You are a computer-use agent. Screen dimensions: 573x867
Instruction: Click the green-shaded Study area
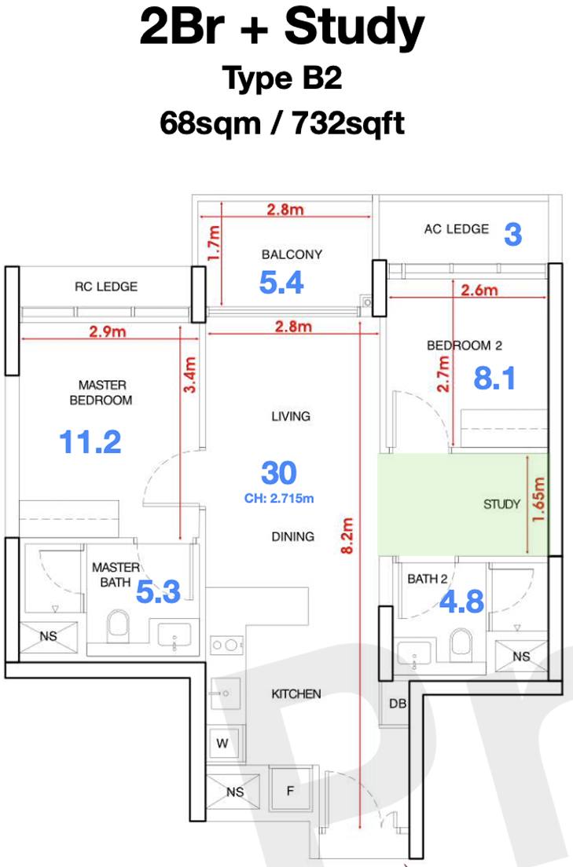pyautogui.click(x=463, y=504)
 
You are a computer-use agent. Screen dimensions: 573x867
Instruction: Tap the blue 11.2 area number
pyautogui.click(x=90, y=442)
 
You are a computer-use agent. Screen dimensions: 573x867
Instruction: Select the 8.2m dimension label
pyautogui.click(x=347, y=536)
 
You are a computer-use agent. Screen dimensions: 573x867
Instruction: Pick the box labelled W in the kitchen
pyautogui.click(x=222, y=743)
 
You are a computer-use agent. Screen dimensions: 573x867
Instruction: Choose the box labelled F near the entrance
pyautogui.click(x=290, y=792)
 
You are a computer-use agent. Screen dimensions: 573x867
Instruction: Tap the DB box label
pyautogui.click(x=398, y=704)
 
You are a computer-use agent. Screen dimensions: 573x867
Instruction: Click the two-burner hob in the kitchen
pyautogui.click(x=226, y=646)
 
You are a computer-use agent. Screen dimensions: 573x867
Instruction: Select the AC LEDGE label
pyautogui.click(x=456, y=229)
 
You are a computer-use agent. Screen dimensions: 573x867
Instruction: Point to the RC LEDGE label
pyautogui.click(x=106, y=287)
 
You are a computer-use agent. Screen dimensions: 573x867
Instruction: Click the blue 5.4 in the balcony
pyautogui.click(x=281, y=283)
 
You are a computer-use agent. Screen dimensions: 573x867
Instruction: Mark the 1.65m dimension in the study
pyautogui.click(x=538, y=499)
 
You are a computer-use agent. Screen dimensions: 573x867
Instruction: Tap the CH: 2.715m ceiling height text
pyautogui.click(x=279, y=498)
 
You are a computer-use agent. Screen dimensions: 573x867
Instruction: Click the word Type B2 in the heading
pyautogui.click(x=282, y=78)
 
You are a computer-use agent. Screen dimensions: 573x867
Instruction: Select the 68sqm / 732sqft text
pyautogui.click(x=282, y=123)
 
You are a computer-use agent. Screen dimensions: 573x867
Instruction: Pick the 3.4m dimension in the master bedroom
pyautogui.click(x=189, y=375)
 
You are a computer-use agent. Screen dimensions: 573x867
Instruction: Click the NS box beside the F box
pyautogui.click(x=233, y=792)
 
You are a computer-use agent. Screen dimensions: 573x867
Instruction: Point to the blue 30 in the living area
pyautogui.click(x=278, y=473)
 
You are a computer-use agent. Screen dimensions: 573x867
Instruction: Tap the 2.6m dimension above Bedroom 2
pyautogui.click(x=479, y=290)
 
